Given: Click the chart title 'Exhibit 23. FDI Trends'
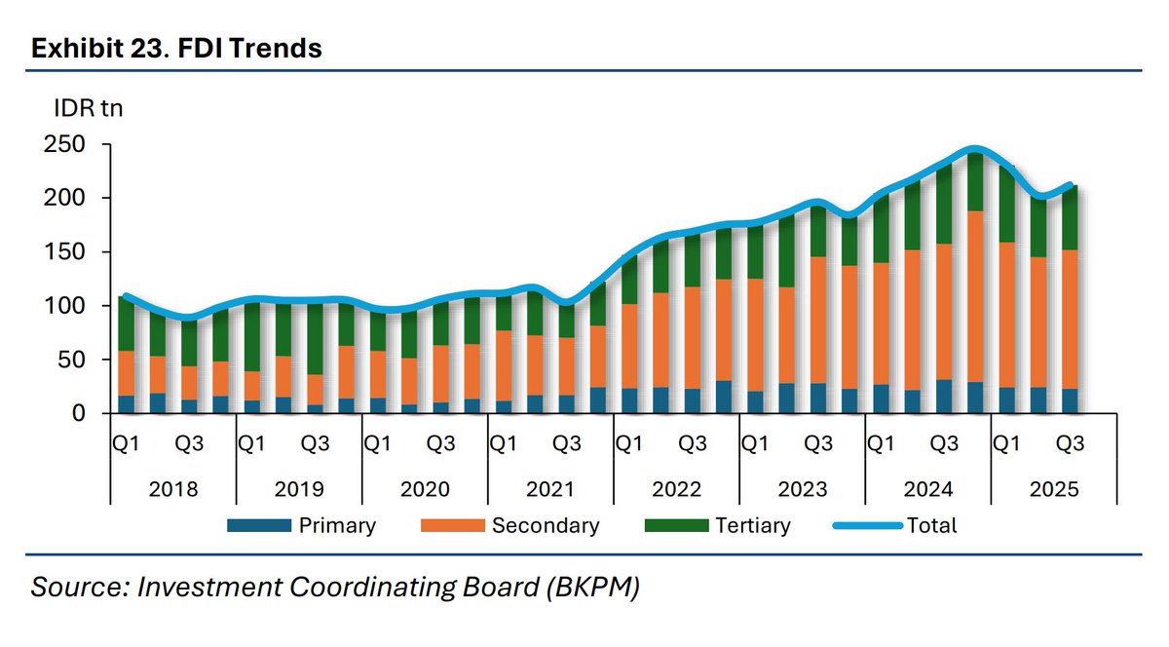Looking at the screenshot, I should pos(176,48).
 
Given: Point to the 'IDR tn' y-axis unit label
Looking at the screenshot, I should pos(88,108).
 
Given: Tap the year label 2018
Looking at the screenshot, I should pos(173,489).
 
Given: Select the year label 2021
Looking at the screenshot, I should pos(550,489).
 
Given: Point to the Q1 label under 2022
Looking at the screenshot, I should pos(628,444).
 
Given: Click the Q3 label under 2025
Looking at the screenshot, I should pos(1071,444).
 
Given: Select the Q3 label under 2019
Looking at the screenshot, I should pos(315,444).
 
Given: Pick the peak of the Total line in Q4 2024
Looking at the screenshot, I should pos(975,149).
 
